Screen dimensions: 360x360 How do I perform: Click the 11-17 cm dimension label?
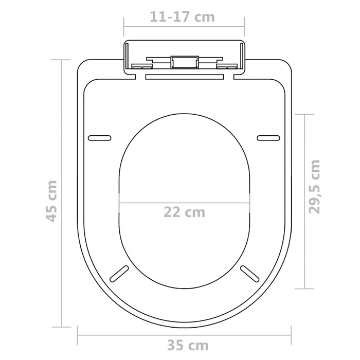(183, 17)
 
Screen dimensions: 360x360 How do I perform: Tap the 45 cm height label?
(50, 201)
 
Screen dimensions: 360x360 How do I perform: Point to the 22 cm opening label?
(184, 212)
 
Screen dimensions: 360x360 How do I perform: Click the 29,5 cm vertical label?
(315, 186)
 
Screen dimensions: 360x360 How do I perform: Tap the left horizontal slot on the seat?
(100, 137)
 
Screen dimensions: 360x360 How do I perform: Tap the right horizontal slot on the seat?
(268, 137)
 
